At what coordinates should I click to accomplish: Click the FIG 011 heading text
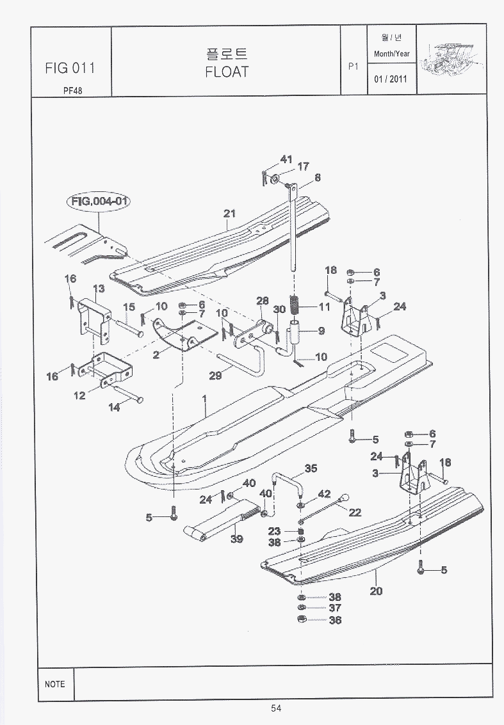(x=70, y=68)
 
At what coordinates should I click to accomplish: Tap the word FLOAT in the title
(x=226, y=72)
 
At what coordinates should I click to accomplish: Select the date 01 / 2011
(x=391, y=80)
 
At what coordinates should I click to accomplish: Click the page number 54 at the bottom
(x=276, y=708)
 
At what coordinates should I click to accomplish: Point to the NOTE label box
(x=56, y=683)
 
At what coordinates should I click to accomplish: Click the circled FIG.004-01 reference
(x=100, y=202)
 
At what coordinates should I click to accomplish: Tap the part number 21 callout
(x=229, y=214)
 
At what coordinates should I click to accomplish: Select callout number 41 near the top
(x=286, y=159)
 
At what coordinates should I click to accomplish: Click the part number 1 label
(x=204, y=399)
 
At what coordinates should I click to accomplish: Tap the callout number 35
(x=311, y=468)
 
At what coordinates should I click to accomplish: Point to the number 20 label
(x=376, y=591)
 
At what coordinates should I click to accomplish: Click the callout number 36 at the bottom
(x=334, y=619)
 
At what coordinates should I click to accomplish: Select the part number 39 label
(x=237, y=539)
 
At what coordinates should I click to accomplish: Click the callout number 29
(x=215, y=376)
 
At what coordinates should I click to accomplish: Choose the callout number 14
(x=114, y=408)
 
